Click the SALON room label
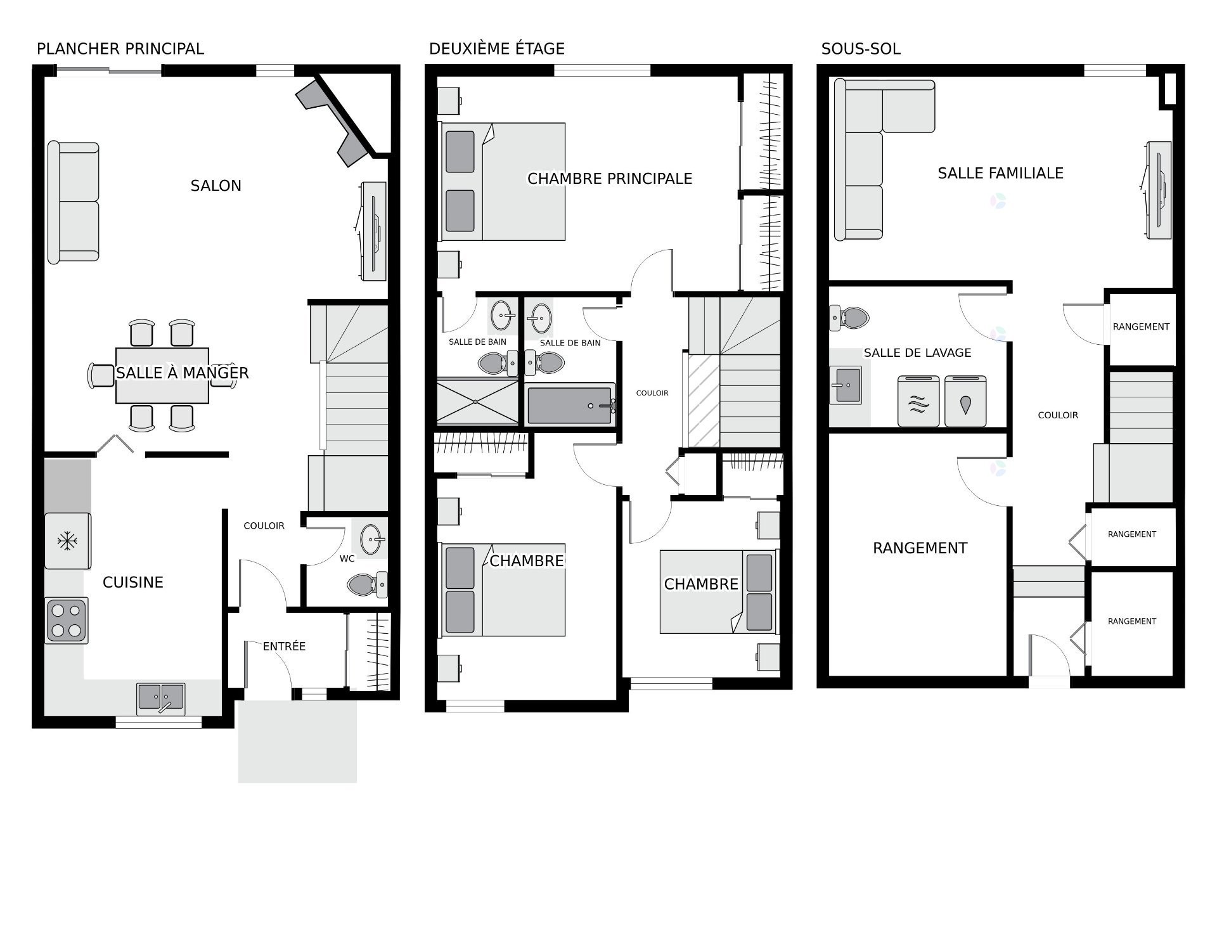[x=216, y=186]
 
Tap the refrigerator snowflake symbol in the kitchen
[x=67, y=541]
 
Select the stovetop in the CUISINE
[x=67, y=621]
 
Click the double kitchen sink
[x=161, y=698]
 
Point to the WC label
[x=347, y=558]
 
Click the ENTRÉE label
[x=284, y=647]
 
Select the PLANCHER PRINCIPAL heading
[x=120, y=49]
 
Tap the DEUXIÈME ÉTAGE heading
[x=497, y=49]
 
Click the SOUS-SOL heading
[x=861, y=49]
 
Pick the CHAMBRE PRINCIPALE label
[x=610, y=179]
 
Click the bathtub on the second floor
[x=570, y=404]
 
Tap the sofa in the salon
[x=74, y=202]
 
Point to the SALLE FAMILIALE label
[x=1001, y=173]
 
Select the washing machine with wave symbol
[x=918, y=401]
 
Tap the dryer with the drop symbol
[x=965, y=401]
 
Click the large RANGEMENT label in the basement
[x=920, y=548]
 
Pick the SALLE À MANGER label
[x=183, y=373]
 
